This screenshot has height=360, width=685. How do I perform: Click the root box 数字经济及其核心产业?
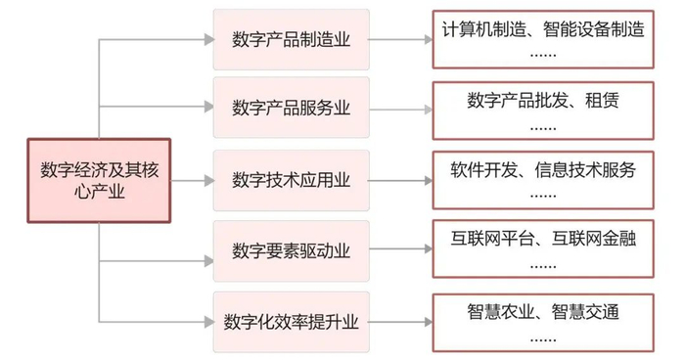(99, 181)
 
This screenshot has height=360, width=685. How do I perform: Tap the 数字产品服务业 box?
(291, 108)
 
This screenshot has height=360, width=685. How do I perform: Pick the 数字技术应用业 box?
(291, 180)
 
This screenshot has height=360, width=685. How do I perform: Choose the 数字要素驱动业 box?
(291, 250)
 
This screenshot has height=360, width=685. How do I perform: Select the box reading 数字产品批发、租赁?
(543, 110)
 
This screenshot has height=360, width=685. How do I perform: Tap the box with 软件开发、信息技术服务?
(543, 180)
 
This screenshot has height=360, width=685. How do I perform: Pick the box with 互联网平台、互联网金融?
(543, 248)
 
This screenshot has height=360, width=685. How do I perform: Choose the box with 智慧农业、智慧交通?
(543, 322)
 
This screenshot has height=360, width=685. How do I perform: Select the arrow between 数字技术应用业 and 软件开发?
(401, 180)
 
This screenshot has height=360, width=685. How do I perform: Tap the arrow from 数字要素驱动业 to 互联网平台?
(401, 250)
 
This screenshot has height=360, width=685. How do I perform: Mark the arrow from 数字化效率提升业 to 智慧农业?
(401, 322)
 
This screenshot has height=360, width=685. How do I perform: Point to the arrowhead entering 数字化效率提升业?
(208, 322)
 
